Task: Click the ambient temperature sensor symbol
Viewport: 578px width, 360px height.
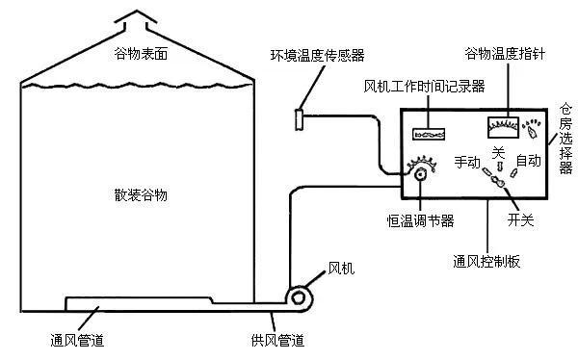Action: pos(299,119)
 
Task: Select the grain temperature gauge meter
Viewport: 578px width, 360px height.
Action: pos(502,127)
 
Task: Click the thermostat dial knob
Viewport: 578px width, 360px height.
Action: pos(421,175)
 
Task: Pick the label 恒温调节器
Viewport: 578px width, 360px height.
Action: pos(420,221)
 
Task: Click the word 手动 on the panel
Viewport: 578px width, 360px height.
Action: pos(467,162)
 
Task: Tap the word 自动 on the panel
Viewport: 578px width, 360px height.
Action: pos(528,160)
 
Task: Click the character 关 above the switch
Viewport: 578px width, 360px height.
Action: pos(497,153)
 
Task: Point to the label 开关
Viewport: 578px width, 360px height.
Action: pos(521,219)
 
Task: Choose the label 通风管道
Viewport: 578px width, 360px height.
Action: pos(77,340)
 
